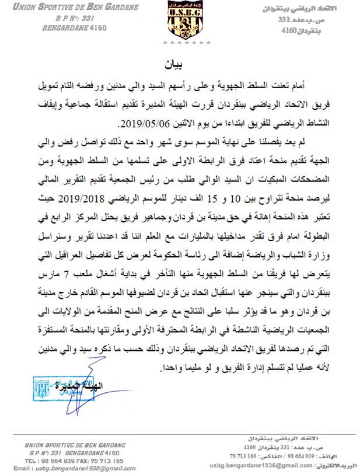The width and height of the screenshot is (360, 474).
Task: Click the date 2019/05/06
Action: pos(142,124)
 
